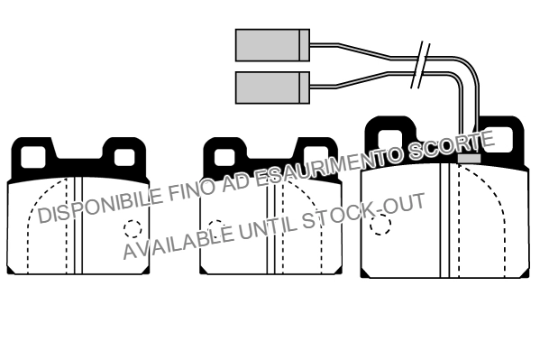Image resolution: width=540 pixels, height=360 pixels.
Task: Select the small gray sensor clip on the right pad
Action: [469, 157]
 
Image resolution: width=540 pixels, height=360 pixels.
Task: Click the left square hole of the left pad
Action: [32, 156]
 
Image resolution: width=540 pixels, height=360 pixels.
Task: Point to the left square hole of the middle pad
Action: [224, 156]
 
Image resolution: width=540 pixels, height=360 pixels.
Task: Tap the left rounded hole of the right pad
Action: [391, 138]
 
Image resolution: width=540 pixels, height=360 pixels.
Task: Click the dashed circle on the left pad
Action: [133, 230]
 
